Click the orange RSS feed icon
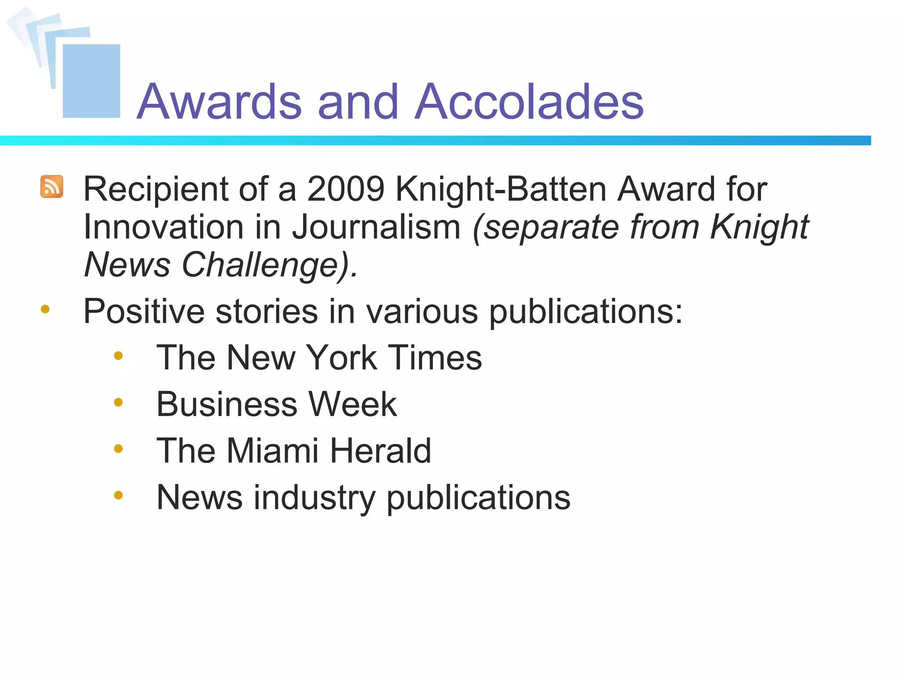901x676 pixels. pos(52,187)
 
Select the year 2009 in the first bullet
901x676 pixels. pos(346,189)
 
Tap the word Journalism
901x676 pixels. pos(377,227)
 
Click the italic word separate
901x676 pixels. pos(546,227)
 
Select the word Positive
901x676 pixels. pos(144,311)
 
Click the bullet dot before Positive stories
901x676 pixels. pos(45,309)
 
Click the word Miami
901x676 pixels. pos(272,451)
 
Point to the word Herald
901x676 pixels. pos(381,451)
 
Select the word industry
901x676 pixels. pos(314,498)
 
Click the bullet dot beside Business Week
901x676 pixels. pos(118,402)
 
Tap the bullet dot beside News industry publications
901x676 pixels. pos(118,496)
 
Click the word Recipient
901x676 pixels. pos(155,190)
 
